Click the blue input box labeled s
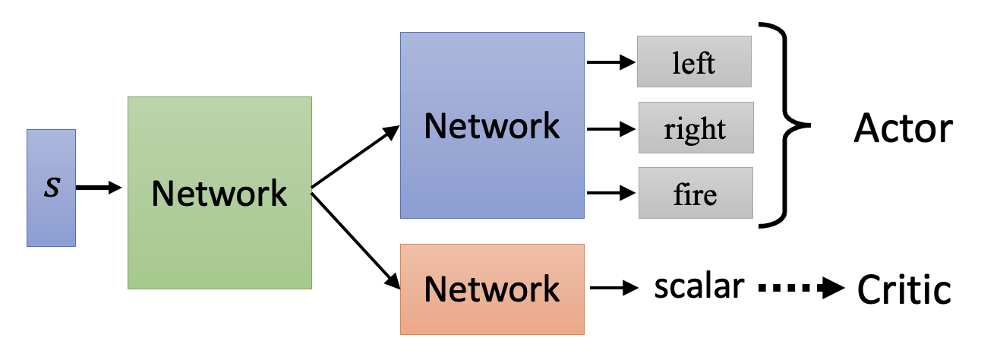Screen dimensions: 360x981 point(51,188)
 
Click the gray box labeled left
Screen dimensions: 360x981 point(694,62)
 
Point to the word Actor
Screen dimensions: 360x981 point(903,128)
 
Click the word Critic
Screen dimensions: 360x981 point(904,289)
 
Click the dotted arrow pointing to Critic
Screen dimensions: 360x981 point(800,288)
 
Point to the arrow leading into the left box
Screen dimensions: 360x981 point(610,62)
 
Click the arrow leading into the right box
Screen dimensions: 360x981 point(610,128)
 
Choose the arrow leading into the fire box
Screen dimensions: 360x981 point(610,194)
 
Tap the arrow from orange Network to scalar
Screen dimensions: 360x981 point(614,288)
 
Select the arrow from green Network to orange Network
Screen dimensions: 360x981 point(355,238)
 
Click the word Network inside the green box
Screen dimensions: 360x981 point(219,193)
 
